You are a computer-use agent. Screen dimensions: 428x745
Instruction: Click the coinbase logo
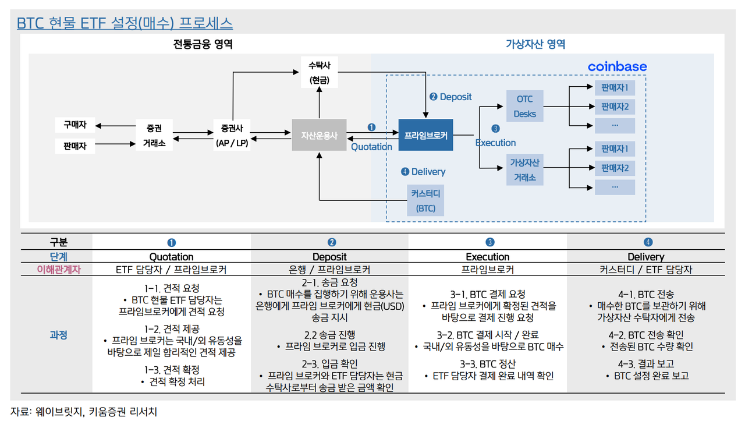click(x=617, y=66)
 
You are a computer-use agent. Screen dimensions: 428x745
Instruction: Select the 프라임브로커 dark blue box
click(x=425, y=135)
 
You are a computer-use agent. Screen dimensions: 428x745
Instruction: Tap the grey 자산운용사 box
click(x=319, y=135)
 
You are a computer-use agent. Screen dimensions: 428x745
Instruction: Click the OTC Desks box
click(x=524, y=106)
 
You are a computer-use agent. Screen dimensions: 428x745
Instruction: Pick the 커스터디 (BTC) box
click(x=425, y=201)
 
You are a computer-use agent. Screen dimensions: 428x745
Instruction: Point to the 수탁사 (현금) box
click(x=319, y=72)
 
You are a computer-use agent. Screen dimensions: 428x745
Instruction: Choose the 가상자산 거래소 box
click(x=524, y=169)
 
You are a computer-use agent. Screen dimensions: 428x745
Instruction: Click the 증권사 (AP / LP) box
click(x=232, y=135)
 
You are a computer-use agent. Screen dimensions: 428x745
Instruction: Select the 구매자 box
click(x=74, y=125)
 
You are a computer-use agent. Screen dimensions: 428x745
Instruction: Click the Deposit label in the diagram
click(x=455, y=97)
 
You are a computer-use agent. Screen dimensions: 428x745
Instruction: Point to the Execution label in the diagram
click(x=495, y=143)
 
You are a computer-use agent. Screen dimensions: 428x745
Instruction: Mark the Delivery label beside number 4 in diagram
click(x=428, y=172)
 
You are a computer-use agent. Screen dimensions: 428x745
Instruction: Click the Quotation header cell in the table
click(x=171, y=257)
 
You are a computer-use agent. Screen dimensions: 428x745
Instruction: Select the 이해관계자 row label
click(x=56, y=270)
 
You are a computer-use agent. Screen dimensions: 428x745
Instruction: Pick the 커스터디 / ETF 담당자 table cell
click(x=645, y=270)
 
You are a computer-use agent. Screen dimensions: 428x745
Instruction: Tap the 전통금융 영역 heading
click(x=198, y=44)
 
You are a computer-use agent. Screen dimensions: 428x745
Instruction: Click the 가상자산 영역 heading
click(x=535, y=44)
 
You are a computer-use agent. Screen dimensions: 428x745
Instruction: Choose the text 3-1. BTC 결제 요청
click(x=488, y=295)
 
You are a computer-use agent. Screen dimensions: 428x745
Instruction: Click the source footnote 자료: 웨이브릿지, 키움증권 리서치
click(x=84, y=412)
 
